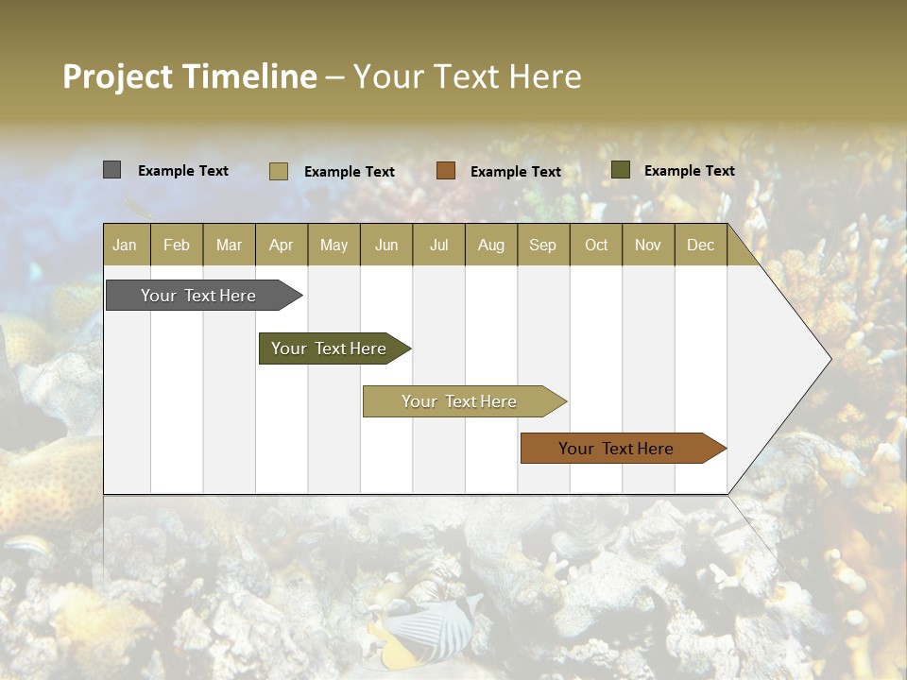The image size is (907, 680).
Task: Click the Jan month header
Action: (125, 245)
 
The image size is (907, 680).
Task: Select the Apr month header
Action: (281, 245)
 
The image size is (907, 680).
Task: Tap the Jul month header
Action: (438, 245)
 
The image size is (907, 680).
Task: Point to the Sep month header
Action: (542, 245)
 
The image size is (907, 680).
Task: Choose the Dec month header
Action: (700, 245)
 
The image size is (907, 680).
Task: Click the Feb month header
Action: (177, 245)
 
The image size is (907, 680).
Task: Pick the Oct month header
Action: (596, 245)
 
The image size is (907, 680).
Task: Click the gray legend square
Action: (111, 170)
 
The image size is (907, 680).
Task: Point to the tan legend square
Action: (278, 171)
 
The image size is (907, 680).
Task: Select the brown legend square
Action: (446, 171)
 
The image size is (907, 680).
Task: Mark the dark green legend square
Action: (620, 170)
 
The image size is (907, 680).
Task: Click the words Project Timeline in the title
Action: (189, 76)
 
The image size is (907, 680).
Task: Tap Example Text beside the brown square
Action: (515, 172)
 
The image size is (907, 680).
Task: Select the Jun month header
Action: (385, 245)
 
